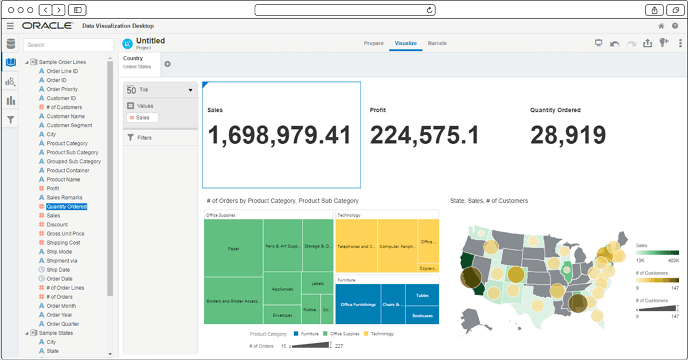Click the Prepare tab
coord(373,44)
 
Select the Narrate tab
coord(437,44)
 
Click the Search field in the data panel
coord(68,45)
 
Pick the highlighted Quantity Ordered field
coord(67,206)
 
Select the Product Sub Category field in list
coord(72,152)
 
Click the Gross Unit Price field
coord(65,233)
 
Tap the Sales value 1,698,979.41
coord(279,135)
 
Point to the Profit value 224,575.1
coord(424,135)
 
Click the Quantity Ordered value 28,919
coord(568,135)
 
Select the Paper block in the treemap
coord(233,248)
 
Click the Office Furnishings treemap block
coord(358,304)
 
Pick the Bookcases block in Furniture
coord(422,315)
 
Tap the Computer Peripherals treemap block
coord(398,246)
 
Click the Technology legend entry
coord(382,334)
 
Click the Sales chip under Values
coord(142,118)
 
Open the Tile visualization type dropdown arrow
coord(190,90)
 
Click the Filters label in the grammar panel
coord(144,138)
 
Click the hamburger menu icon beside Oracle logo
coord(10,26)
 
